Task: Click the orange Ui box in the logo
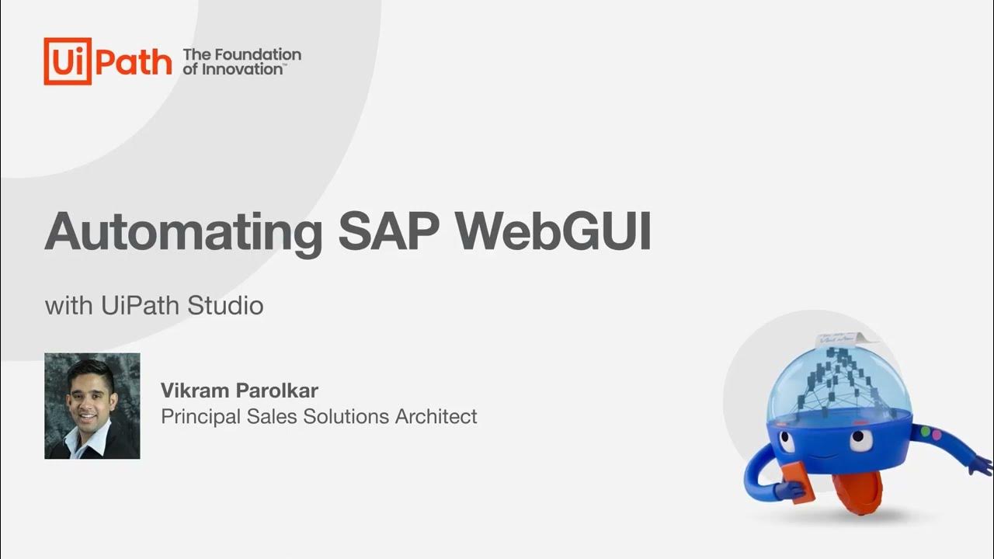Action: click(68, 61)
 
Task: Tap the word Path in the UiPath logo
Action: click(132, 61)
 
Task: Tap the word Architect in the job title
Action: click(436, 417)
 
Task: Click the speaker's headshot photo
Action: click(92, 406)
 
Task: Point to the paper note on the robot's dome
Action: click(839, 340)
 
